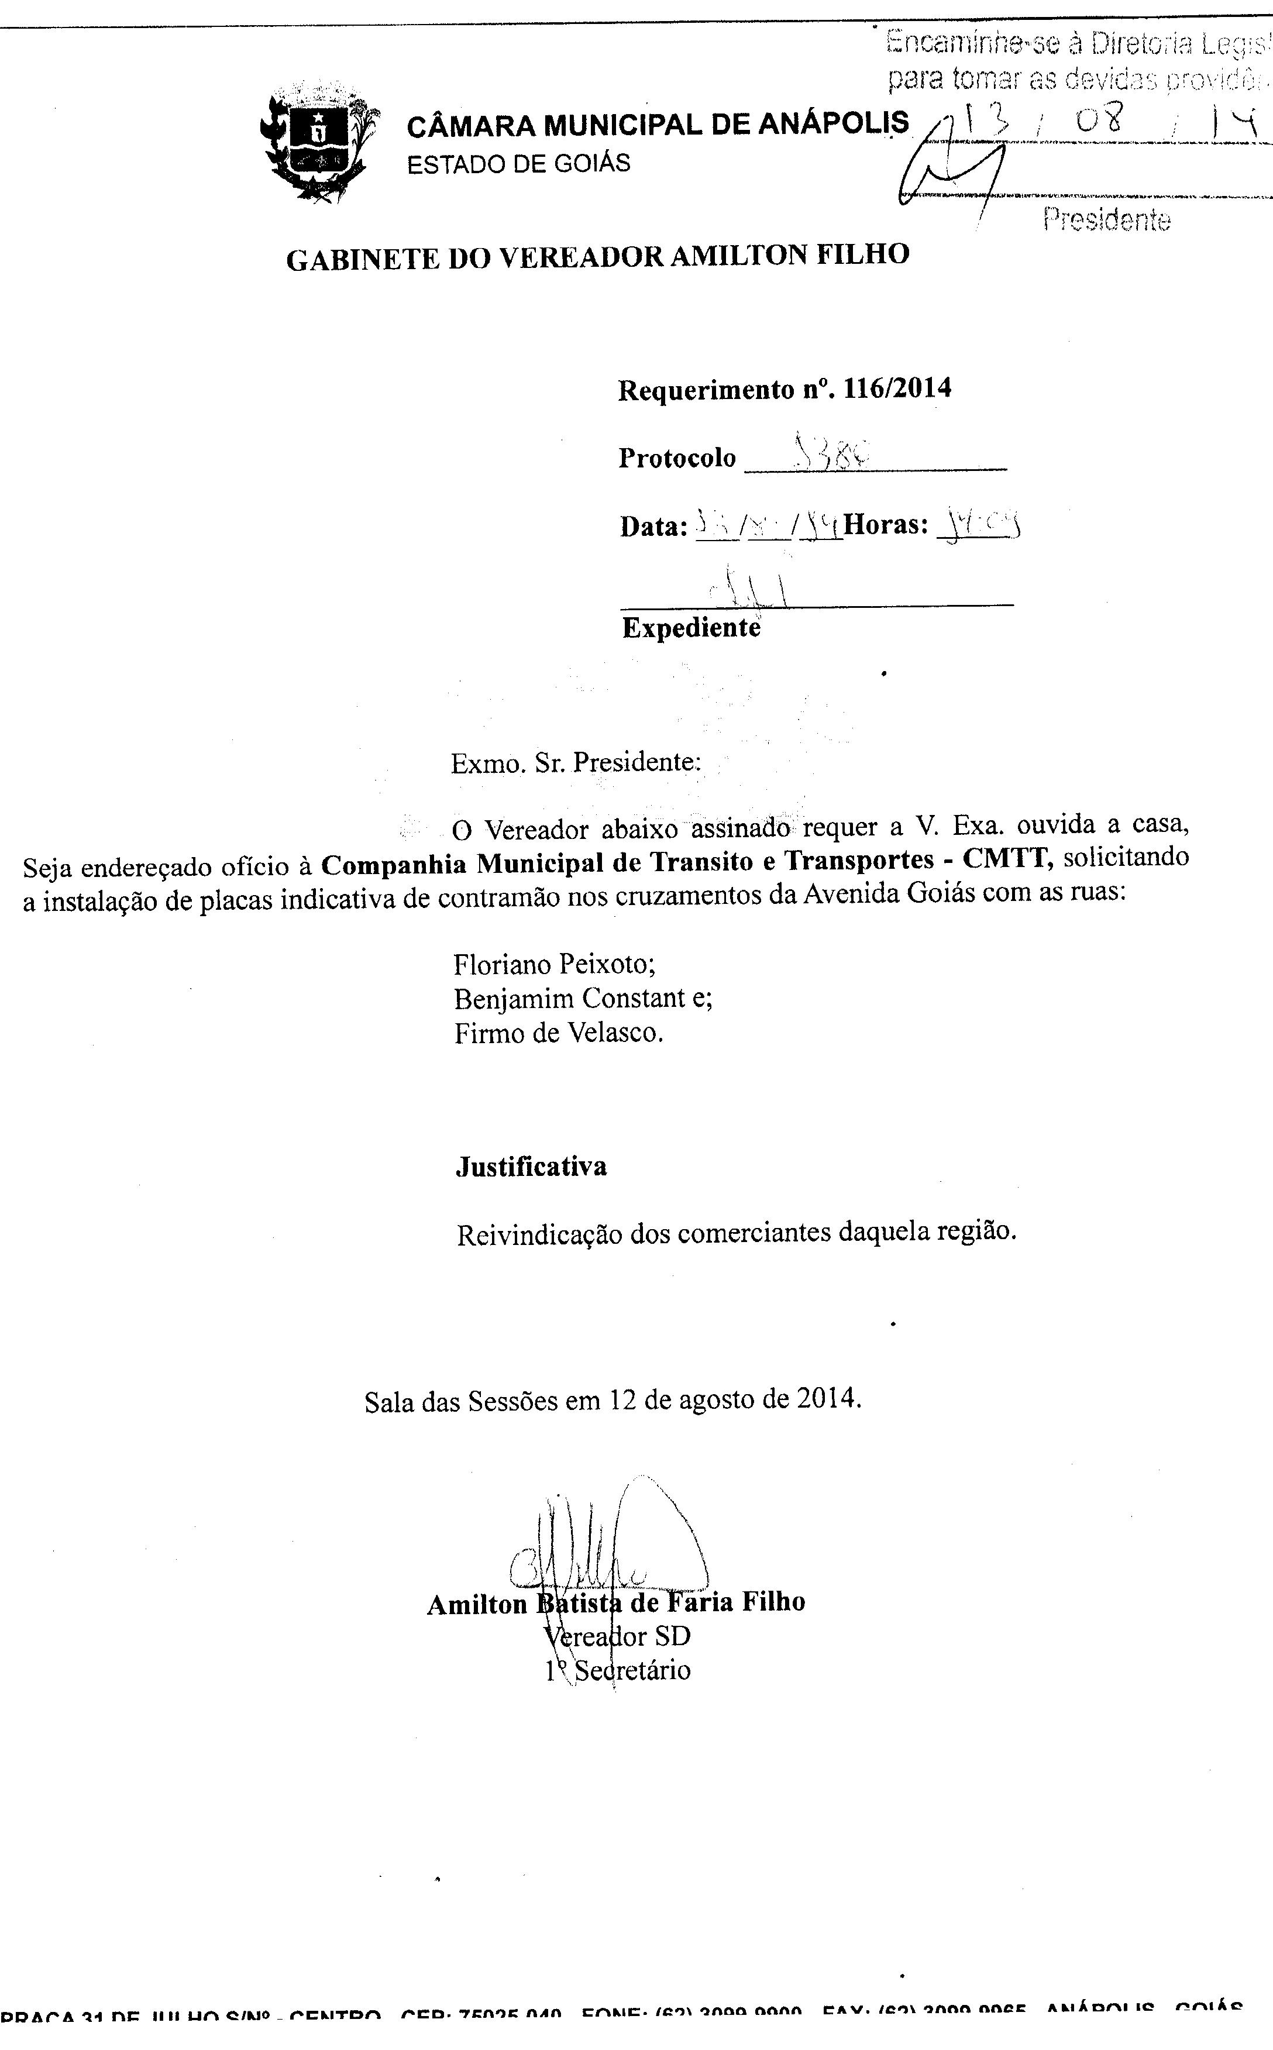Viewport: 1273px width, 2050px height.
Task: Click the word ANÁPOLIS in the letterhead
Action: (x=834, y=124)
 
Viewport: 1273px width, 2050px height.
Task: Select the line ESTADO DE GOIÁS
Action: (x=519, y=163)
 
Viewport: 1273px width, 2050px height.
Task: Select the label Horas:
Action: (x=886, y=525)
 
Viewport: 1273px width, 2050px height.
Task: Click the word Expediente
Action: (x=691, y=628)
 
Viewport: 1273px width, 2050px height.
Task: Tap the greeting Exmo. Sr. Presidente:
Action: (x=575, y=763)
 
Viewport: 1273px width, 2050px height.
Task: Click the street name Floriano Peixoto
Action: (x=554, y=964)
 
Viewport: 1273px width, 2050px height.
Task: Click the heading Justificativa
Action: (x=531, y=1167)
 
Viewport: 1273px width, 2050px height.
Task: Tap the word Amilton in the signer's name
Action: (x=477, y=1605)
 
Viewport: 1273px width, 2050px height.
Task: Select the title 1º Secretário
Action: (x=618, y=1670)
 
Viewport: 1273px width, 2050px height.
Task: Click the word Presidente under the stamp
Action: (x=1106, y=220)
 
